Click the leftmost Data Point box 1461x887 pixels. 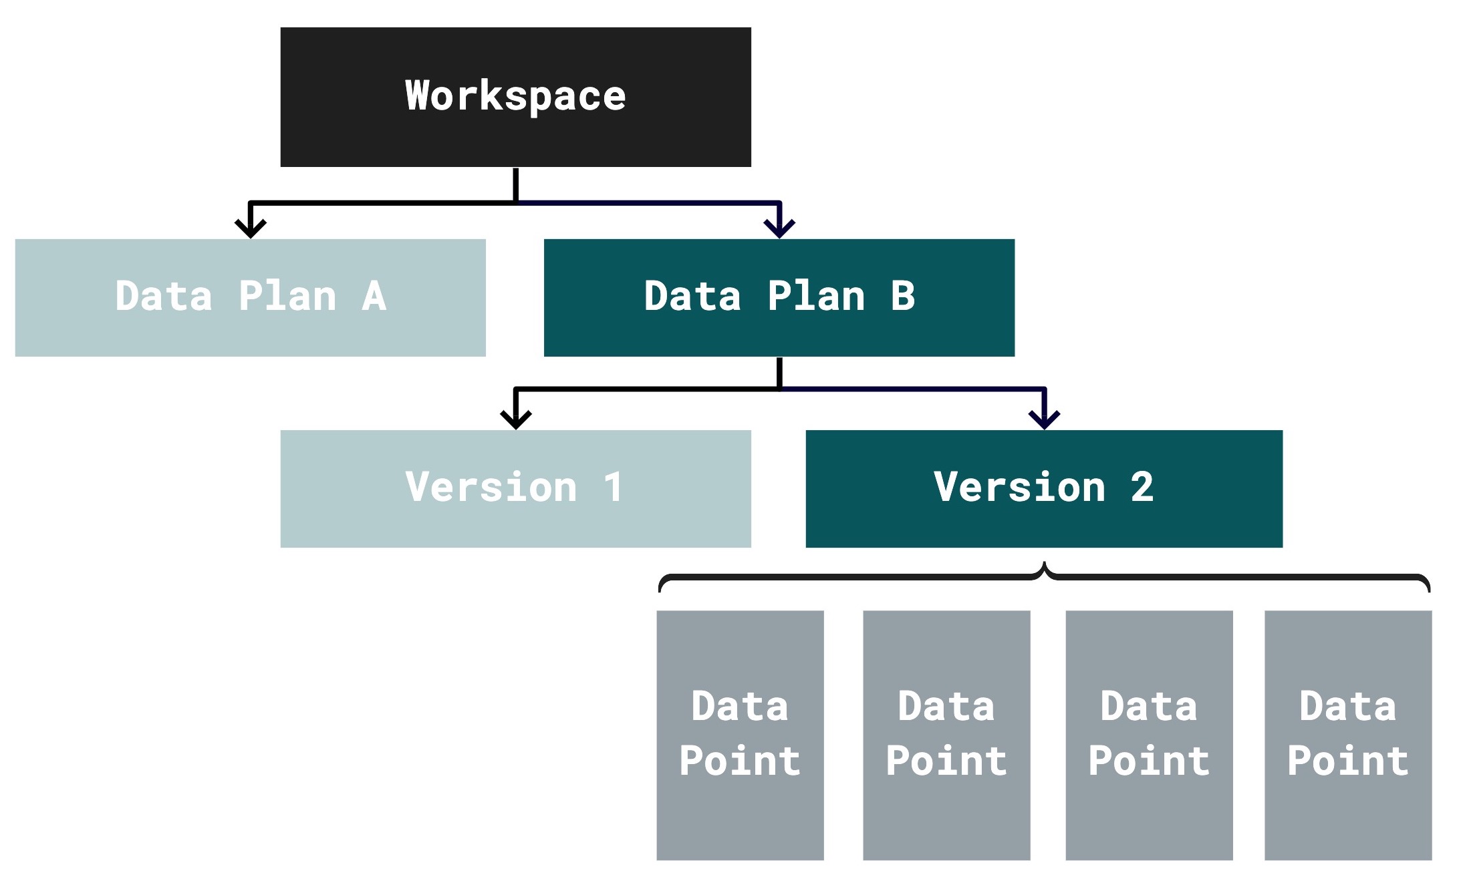tap(740, 735)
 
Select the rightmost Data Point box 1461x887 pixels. tap(1347, 735)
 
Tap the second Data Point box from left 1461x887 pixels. tap(946, 735)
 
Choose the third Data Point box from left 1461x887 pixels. tap(1148, 735)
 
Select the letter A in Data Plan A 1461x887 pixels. tap(374, 296)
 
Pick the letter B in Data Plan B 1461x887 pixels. tap(902, 296)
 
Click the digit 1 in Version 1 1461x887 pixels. tap(613, 487)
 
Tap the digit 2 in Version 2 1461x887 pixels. tap(1142, 487)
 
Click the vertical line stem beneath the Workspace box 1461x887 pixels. tap(515, 184)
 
